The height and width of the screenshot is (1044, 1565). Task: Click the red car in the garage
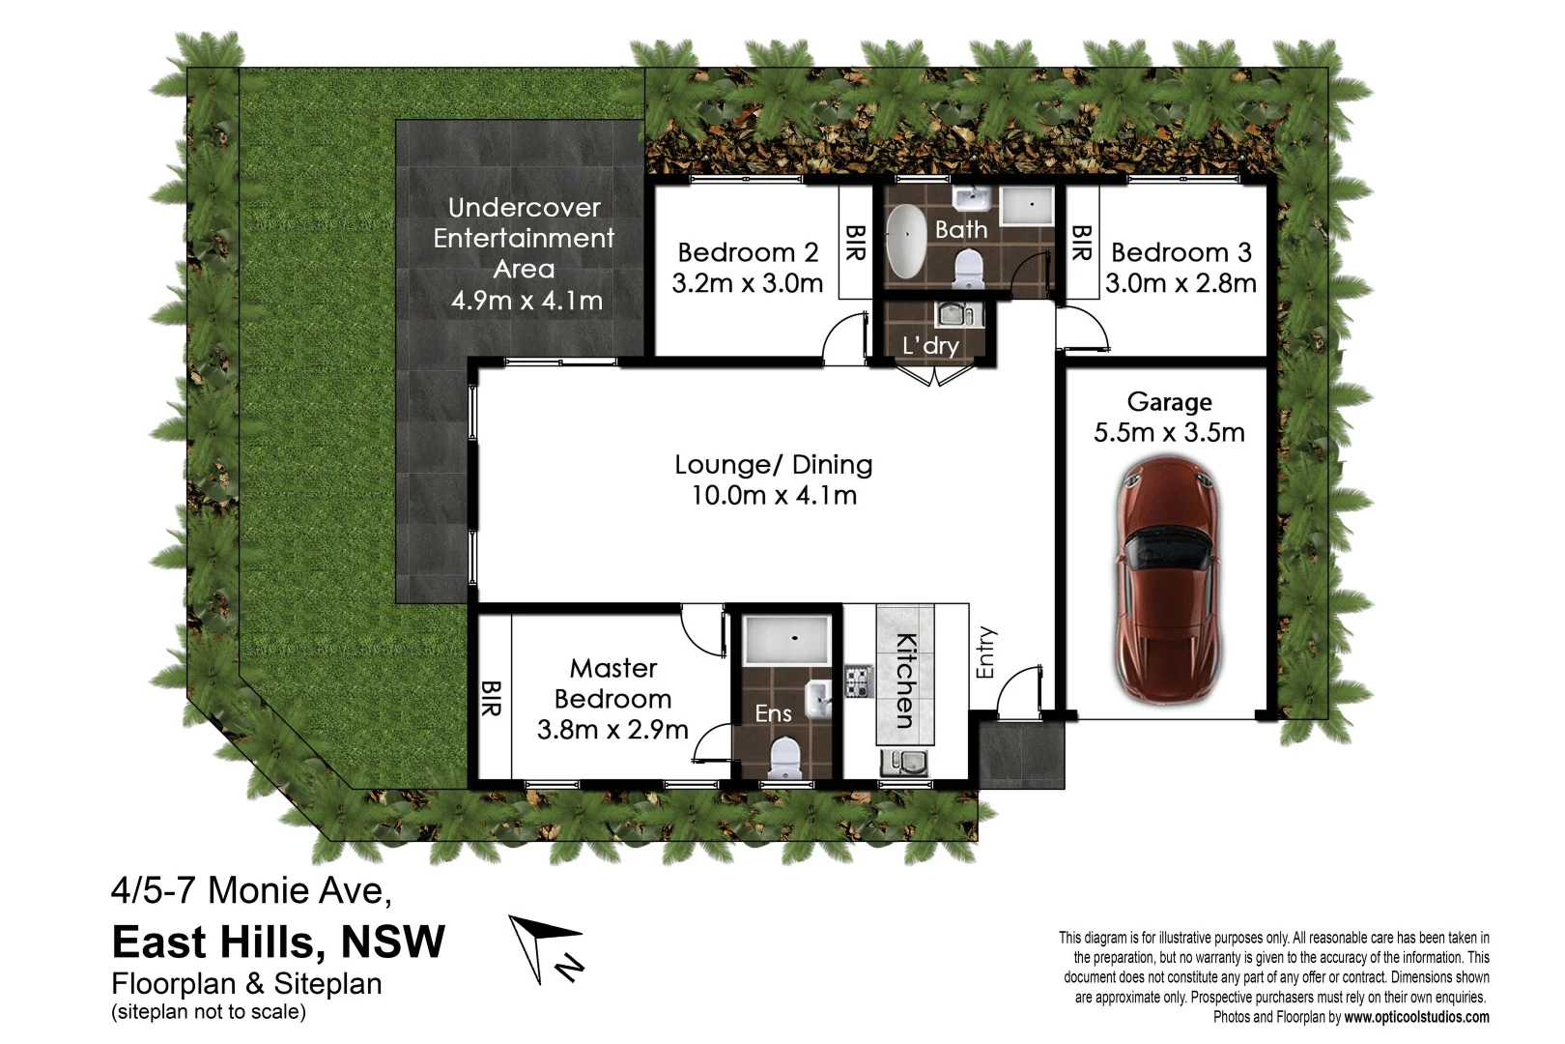[1168, 580]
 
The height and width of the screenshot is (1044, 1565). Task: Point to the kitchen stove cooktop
[858, 681]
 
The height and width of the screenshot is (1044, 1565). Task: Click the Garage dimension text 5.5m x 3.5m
[1169, 432]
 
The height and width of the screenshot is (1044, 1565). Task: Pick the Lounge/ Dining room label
[773, 465]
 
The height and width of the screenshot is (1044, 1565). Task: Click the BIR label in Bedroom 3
[1081, 243]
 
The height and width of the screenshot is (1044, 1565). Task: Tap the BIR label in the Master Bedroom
[491, 698]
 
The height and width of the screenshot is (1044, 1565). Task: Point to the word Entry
[985, 652]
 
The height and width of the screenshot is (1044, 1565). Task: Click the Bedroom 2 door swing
[844, 339]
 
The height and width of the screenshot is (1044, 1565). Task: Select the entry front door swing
[1018, 692]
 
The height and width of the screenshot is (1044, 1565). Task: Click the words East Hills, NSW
[278, 942]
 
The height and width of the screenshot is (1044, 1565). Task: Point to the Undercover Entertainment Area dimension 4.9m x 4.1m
[526, 301]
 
